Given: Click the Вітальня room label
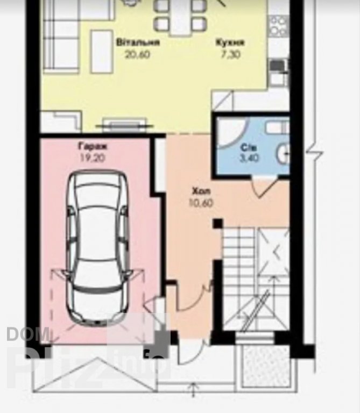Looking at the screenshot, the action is [x=138, y=42].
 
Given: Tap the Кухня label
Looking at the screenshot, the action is [x=230, y=42].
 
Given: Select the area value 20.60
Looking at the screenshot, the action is [x=137, y=54].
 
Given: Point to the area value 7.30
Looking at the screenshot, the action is [x=230, y=54].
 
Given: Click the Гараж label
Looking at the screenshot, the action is [x=93, y=146].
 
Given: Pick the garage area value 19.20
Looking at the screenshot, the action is [x=93, y=158].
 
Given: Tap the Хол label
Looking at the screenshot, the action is [x=201, y=191].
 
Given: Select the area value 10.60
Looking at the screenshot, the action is [x=201, y=203].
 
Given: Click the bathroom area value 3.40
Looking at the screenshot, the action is [x=249, y=158].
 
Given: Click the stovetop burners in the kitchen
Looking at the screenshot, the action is [x=278, y=26].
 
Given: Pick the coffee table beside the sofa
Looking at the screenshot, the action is [x=102, y=52].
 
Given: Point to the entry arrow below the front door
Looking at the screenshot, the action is [x=193, y=390].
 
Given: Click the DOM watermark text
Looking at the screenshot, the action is [x=28, y=334].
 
